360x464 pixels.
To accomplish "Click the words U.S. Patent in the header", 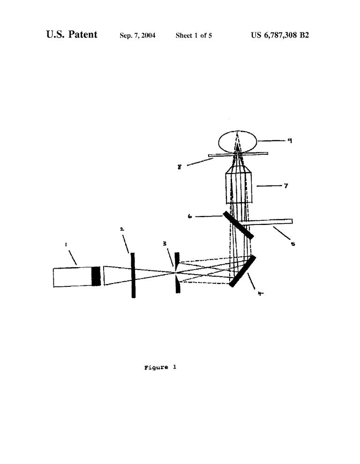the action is [72, 35].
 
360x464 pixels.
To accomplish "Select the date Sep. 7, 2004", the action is [137, 36].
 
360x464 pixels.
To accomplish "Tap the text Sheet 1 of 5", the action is [194, 36].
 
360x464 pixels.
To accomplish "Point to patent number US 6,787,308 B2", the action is [280, 35].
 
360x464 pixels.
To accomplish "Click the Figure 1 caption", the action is [160, 367].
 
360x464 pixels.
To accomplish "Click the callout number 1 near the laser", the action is [66, 244].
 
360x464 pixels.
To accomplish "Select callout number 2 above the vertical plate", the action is [122, 229].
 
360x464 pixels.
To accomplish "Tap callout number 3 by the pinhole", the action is [165, 244].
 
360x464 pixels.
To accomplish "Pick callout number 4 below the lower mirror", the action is [260, 293].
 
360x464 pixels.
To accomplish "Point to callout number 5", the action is [293, 244].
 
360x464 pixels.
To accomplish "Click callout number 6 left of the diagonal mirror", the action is [190, 217].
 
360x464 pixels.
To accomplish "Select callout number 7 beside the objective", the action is [285, 186].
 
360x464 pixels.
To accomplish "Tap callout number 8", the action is [180, 167].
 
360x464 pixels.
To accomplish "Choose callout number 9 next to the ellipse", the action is [290, 141].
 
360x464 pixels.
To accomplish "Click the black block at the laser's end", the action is [96, 276].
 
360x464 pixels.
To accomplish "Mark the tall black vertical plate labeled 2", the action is [133, 275].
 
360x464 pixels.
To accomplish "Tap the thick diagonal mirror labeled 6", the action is [238, 225].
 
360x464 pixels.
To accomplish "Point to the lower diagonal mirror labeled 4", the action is [242, 271].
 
